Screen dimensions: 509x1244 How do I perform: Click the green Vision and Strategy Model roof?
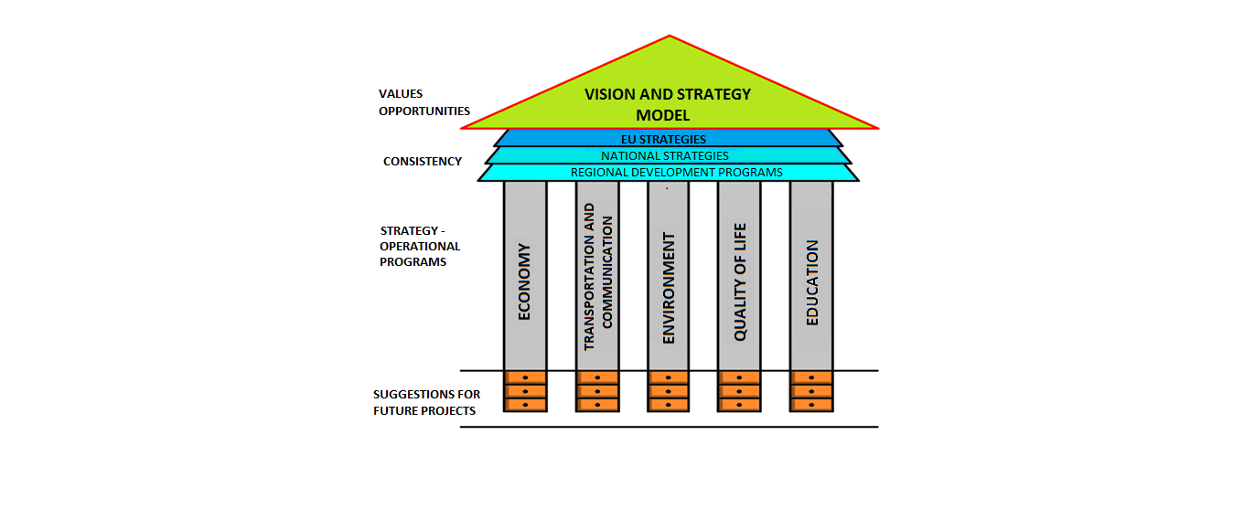(x=668, y=103)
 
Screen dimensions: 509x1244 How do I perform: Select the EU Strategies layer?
(x=670, y=139)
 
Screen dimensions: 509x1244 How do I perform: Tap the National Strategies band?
(x=670, y=155)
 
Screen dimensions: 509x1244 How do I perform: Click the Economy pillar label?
(x=525, y=281)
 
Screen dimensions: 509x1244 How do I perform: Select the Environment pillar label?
(x=669, y=288)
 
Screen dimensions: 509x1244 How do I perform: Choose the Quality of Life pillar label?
(x=740, y=281)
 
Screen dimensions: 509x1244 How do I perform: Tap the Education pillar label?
(x=812, y=282)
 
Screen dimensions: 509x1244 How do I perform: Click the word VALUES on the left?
(x=401, y=94)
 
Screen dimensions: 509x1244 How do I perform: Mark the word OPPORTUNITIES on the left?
(x=424, y=111)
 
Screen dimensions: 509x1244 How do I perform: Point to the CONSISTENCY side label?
(x=423, y=162)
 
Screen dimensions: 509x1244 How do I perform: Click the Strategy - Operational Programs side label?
(x=420, y=247)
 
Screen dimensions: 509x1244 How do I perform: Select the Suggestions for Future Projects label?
(x=426, y=403)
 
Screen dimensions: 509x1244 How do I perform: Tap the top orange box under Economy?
(x=525, y=377)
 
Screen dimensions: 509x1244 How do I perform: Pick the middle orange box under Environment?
(x=669, y=391)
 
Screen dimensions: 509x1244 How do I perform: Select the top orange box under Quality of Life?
(x=740, y=377)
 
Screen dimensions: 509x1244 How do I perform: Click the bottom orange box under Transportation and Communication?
(x=597, y=405)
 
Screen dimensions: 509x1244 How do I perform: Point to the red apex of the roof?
(x=670, y=37)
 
